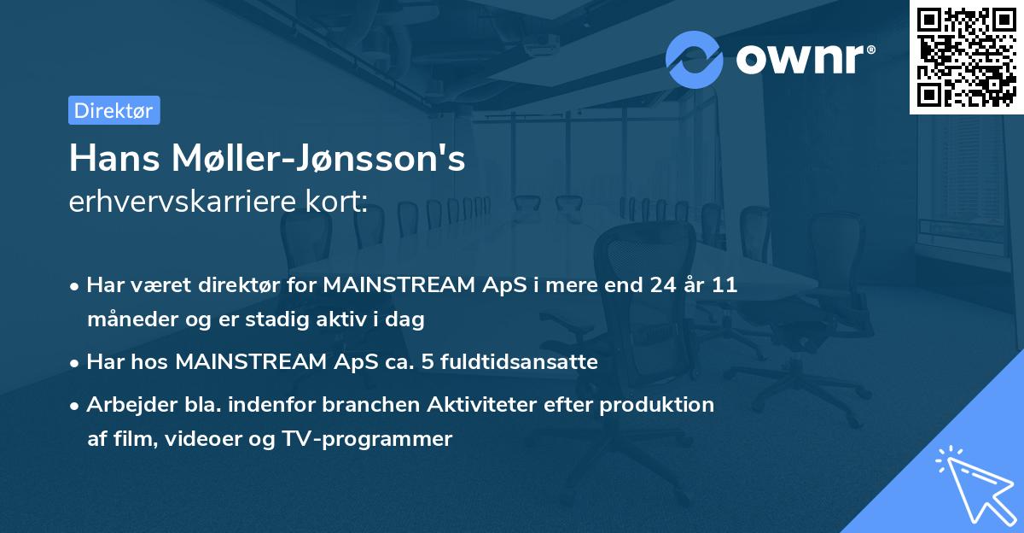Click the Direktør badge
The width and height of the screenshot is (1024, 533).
[113, 110]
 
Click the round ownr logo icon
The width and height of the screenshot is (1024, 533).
[695, 59]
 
